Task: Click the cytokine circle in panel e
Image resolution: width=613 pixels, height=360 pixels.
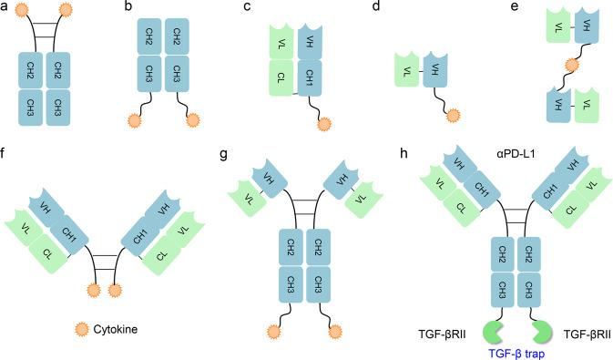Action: (571, 66)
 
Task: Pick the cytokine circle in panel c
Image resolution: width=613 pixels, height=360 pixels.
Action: (324, 124)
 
